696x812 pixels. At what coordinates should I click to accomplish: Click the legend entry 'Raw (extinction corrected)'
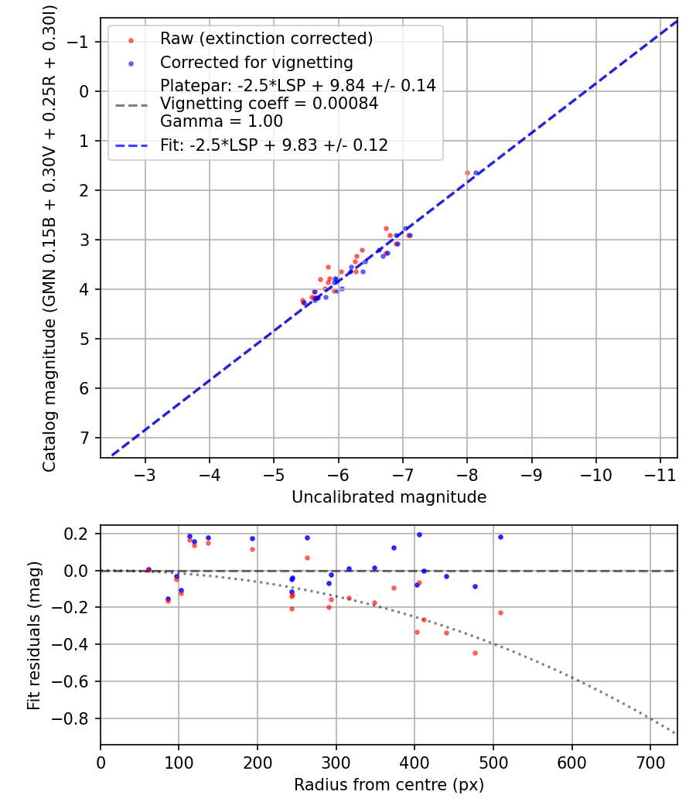[266, 39]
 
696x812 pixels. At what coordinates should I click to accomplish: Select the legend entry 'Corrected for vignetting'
[256, 62]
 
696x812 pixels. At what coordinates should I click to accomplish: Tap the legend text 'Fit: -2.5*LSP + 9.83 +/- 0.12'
[274, 145]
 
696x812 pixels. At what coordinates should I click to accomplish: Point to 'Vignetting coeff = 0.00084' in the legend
[269, 104]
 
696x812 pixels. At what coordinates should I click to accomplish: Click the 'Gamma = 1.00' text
[221, 121]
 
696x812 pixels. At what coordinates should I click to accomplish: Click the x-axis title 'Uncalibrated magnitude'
[389, 497]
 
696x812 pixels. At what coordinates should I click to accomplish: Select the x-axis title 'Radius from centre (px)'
[389, 785]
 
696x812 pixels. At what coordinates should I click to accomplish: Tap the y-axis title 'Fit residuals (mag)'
[33, 635]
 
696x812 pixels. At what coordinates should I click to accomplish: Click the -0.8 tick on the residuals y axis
[76, 718]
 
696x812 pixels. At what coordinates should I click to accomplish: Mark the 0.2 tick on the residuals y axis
[80, 534]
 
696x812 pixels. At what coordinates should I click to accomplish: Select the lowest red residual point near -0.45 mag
[475, 653]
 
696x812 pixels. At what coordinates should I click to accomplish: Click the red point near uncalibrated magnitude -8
[467, 173]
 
